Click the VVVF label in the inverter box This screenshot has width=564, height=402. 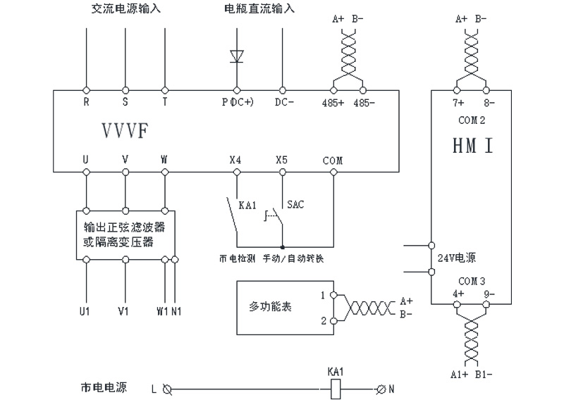125,131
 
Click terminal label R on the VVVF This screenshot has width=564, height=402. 86,102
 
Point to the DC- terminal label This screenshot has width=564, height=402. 283,102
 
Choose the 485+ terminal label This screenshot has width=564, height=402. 333,102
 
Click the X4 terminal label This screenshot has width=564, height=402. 235,160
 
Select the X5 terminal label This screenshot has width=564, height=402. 282,160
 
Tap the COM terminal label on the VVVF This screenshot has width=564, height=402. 333,161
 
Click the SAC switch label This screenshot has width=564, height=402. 295,204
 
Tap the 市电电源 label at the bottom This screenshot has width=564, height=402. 104,387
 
